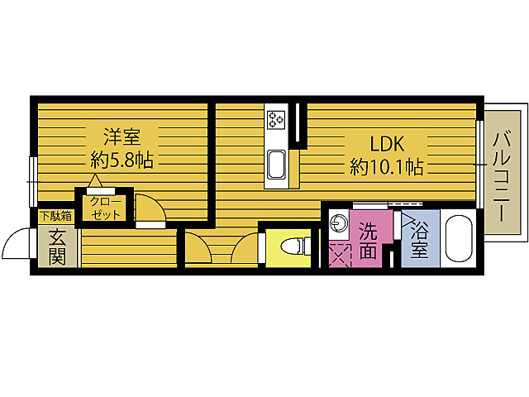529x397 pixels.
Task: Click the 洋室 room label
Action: pos(121,135)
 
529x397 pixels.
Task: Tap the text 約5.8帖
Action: pos(121,160)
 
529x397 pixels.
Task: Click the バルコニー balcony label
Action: pos(502,175)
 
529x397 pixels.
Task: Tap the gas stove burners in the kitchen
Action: pos(276,120)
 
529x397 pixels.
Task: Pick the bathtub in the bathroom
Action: pos(458,239)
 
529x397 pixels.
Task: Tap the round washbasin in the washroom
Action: pos(339,222)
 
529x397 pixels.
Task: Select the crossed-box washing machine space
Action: pos(339,255)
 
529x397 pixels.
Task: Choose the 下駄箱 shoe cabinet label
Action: pos(55,217)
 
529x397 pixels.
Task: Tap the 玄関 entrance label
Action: pos(57,246)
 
